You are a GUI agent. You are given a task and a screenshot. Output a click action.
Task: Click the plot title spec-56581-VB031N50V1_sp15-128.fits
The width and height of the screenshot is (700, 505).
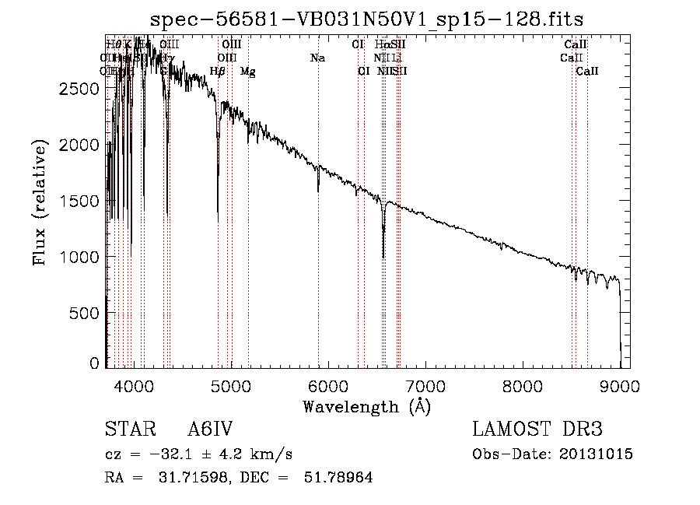tap(366, 18)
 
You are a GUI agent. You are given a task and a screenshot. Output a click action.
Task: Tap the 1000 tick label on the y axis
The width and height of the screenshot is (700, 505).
tap(79, 257)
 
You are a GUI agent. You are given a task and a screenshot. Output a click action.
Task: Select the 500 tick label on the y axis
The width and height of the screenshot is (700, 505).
tap(86, 313)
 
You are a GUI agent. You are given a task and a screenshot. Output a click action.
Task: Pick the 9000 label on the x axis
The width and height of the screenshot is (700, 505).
tap(620, 384)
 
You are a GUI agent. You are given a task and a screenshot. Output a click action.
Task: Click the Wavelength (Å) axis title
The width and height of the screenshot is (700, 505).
tap(366, 406)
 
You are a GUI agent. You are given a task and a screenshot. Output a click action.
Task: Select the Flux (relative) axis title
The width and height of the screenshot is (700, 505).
tap(40, 202)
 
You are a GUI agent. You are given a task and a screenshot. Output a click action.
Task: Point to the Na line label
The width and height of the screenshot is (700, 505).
tap(317, 58)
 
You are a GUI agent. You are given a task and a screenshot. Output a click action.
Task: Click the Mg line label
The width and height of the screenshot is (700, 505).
tap(247, 72)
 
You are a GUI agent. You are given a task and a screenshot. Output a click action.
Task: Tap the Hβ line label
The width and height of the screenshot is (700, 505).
tap(218, 72)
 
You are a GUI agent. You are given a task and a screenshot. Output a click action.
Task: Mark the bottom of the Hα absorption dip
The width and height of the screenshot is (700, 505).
tap(383, 257)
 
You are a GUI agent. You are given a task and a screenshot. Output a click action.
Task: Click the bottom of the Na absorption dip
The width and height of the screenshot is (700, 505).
tap(318, 191)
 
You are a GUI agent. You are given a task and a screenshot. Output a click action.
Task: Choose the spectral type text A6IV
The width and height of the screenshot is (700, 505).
tap(210, 430)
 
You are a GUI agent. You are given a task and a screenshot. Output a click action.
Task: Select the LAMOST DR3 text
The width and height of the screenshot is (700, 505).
tap(537, 430)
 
